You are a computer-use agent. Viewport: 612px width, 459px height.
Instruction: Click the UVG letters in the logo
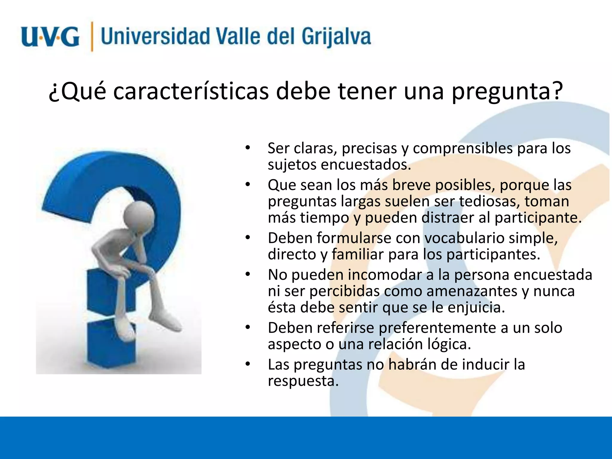coord(50,37)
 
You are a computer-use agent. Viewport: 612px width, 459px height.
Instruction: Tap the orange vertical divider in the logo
coord(92,37)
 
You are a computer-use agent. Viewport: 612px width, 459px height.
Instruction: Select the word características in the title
coord(191,91)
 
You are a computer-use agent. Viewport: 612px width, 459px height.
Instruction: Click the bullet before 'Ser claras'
coord(247,148)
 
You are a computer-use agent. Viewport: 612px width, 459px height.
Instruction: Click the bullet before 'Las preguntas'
coord(247,364)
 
